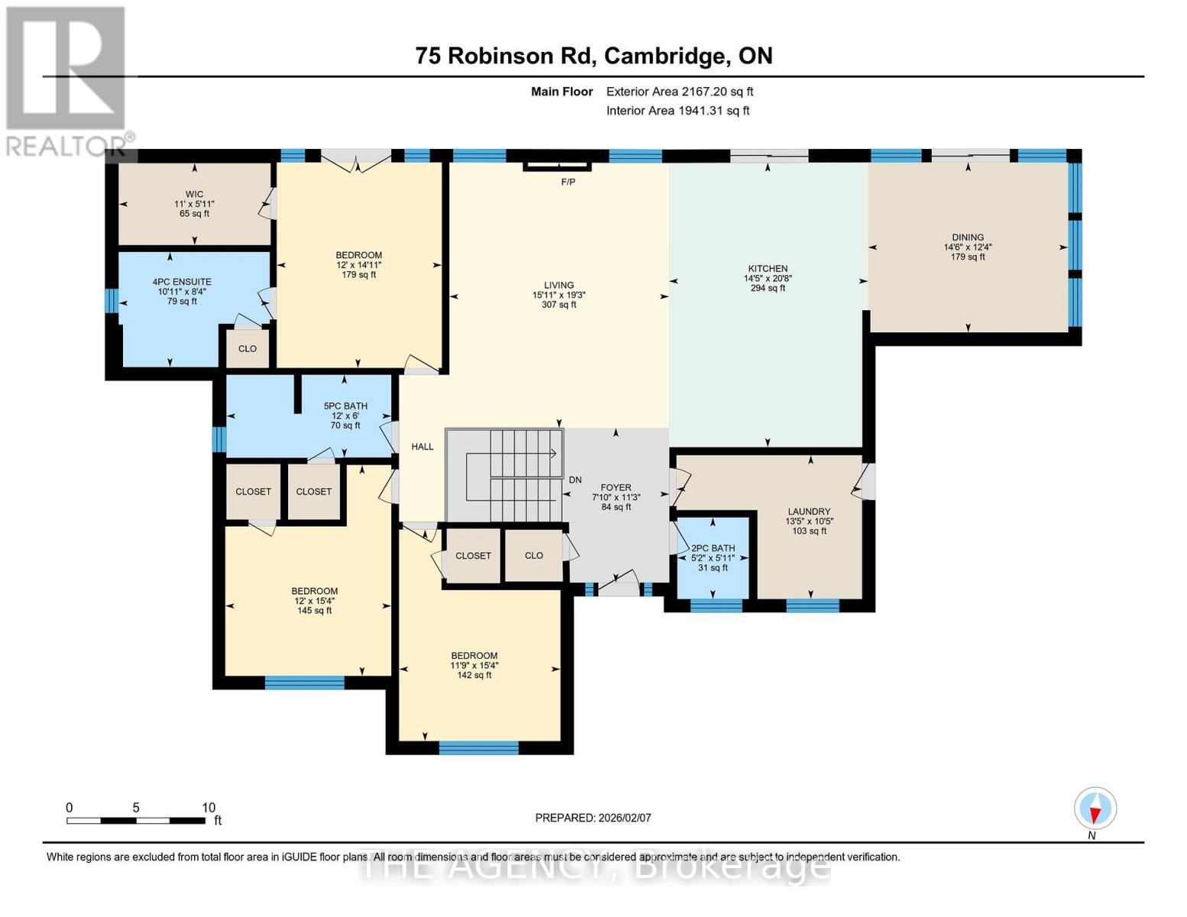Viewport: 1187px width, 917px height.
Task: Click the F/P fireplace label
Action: point(567,183)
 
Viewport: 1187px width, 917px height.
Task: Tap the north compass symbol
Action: point(1095,808)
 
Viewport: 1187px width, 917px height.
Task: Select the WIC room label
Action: point(194,194)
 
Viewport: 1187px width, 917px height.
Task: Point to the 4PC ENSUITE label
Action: point(182,282)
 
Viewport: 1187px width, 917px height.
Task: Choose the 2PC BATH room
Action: point(712,557)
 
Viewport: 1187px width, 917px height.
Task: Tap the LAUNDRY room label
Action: point(809,511)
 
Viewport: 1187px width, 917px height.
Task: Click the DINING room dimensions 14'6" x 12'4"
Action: point(968,247)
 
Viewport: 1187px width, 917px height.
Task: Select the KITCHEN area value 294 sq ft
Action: point(767,288)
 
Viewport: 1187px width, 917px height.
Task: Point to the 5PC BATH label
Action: point(345,406)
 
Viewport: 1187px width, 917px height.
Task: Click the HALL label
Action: point(422,447)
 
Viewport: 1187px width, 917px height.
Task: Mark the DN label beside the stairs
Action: point(575,480)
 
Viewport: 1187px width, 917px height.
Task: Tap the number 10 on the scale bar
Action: point(209,808)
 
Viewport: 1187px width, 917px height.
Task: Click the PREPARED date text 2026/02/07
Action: point(593,818)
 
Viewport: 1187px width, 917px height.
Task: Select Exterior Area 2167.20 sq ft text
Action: point(679,92)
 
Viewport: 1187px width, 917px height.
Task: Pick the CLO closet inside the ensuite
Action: point(247,348)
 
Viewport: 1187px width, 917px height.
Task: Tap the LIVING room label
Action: point(559,285)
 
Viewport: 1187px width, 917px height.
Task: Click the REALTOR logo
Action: point(67,80)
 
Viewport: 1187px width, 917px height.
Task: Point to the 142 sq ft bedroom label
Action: point(474,675)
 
